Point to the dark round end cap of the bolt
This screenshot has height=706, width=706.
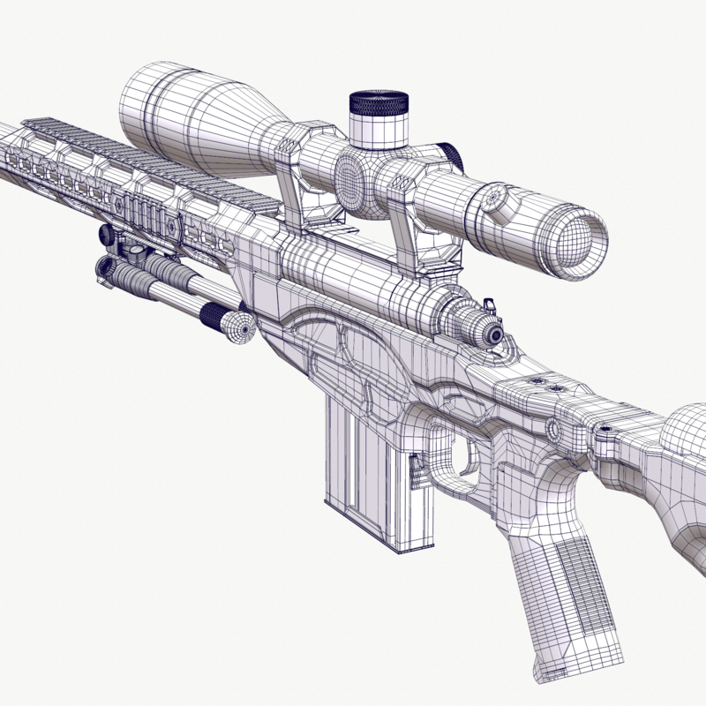494,334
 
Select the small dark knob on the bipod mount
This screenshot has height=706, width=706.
107,234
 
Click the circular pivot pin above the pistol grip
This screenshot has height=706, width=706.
554,430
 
